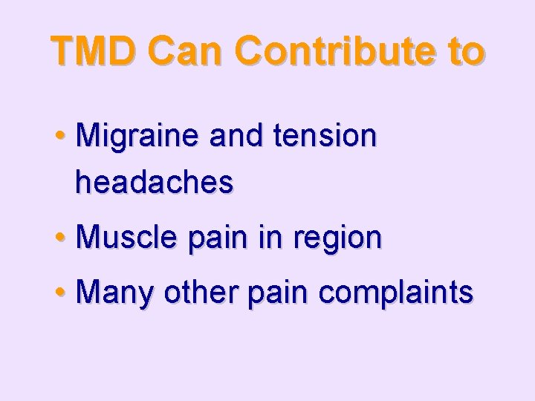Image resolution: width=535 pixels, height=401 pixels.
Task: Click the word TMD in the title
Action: [95, 50]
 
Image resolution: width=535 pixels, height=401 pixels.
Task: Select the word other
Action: [197, 292]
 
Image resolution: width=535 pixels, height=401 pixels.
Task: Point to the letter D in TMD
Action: [123, 50]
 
